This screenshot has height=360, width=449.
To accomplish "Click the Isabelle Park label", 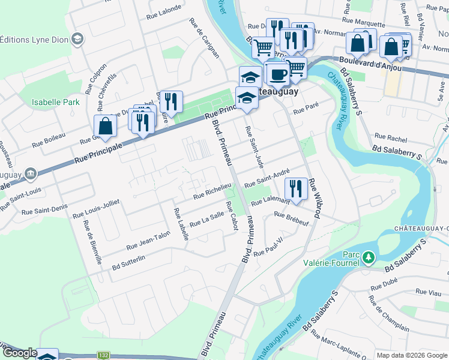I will (56, 102).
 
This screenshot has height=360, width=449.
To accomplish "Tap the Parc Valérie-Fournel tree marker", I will (369, 257).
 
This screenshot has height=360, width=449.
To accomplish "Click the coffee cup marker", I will (277, 75).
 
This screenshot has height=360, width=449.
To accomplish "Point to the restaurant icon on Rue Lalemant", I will (296, 188).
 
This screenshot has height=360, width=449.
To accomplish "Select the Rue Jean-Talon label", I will (148, 242).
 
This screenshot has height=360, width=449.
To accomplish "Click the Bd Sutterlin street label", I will (128, 259).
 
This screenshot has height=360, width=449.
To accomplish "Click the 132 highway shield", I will (103, 356).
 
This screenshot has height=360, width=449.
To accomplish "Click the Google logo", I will (20, 353).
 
